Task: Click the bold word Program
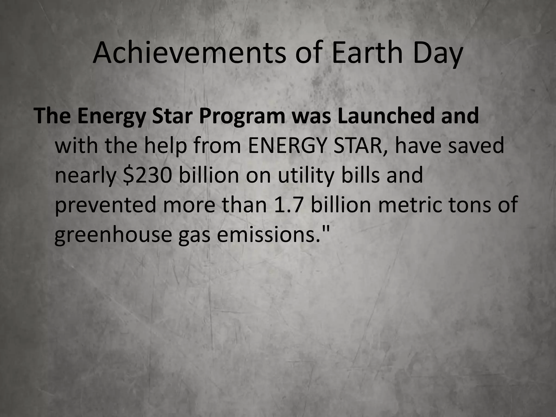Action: pos(242,116)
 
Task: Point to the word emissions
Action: pos(269,234)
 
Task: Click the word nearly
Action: pos(86,175)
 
